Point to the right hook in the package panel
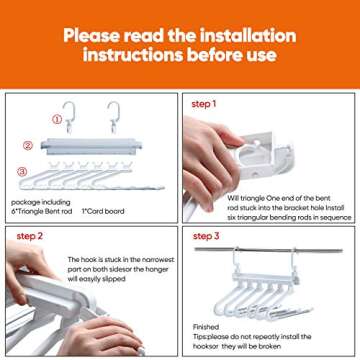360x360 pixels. click(x=113, y=116)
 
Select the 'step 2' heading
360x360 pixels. click(x=31, y=236)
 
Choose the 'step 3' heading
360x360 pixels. click(x=207, y=236)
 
